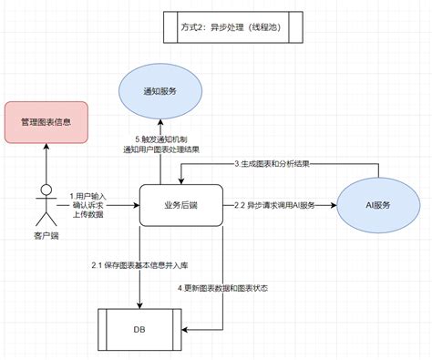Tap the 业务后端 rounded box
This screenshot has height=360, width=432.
[180, 206]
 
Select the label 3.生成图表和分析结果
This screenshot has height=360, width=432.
[272, 164]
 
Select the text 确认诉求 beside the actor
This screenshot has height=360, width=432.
[89, 206]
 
